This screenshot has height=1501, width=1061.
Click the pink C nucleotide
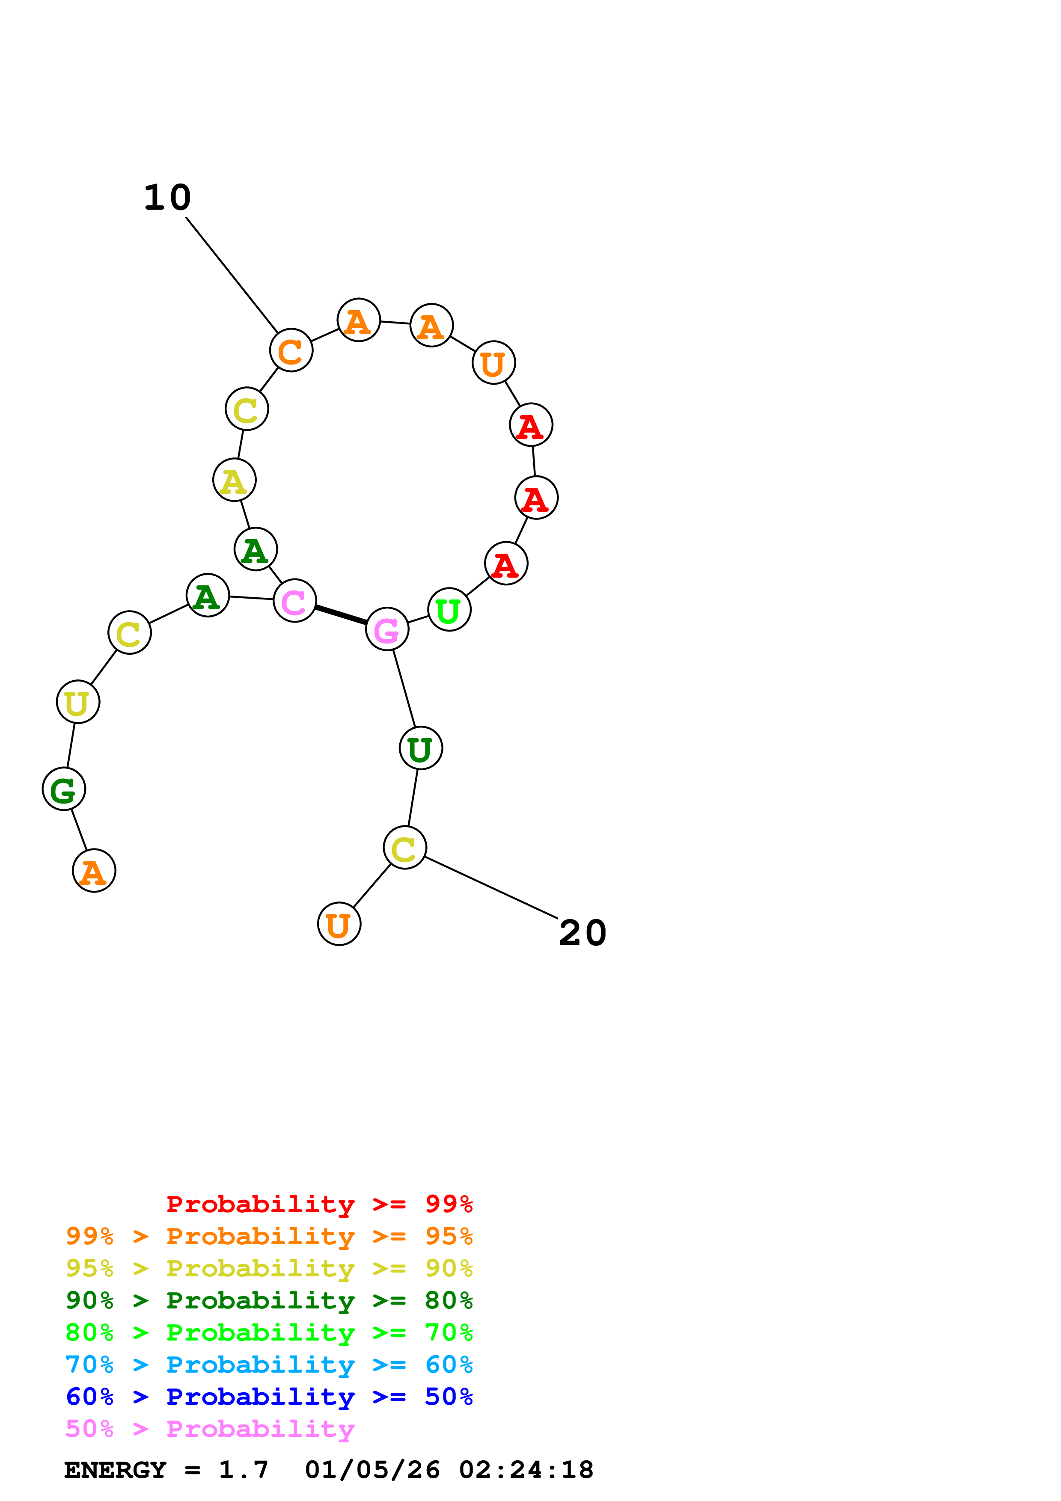tap(294, 601)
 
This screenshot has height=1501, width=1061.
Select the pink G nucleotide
tap(387, 629)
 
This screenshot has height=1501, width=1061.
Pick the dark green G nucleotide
tap(63, 789)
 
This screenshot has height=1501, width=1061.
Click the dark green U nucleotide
tap(420, 748)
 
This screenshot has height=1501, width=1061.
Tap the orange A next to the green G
tap(94, 871)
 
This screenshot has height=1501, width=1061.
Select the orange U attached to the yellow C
tap(339, 924)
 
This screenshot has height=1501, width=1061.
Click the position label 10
tap(167, 197)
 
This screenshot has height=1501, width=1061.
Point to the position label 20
tap(583, 933)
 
